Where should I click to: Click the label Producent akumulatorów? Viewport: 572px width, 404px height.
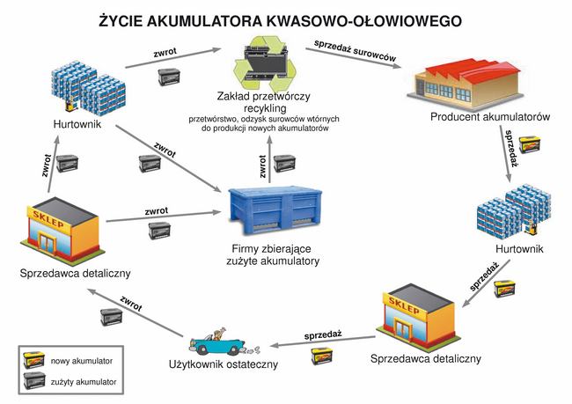(x=490, y=117)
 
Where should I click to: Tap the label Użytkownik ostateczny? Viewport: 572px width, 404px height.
(x=224, y=364)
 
